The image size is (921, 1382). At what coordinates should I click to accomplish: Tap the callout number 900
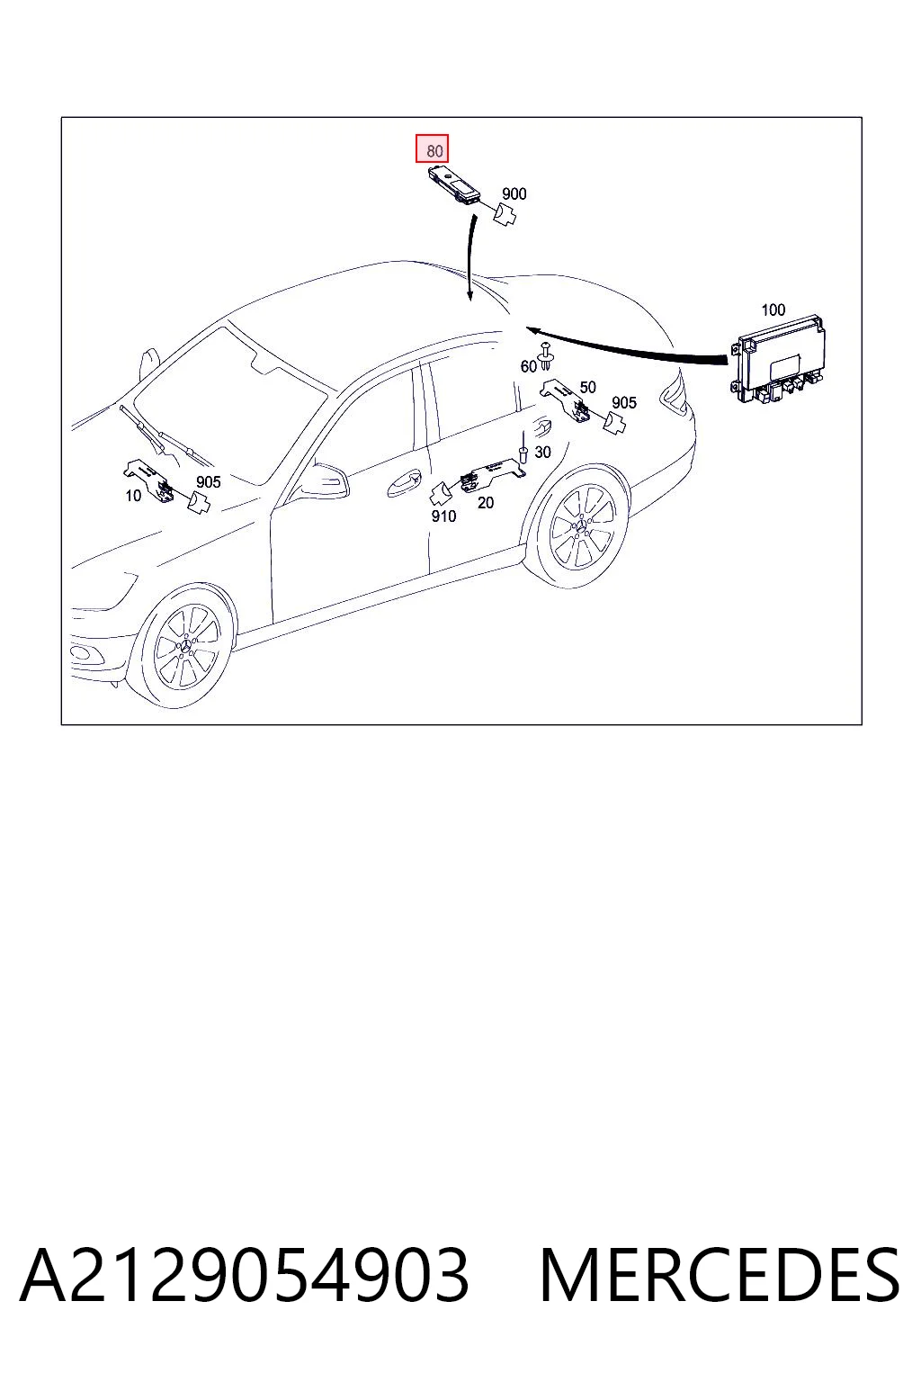click(x=514, y=193)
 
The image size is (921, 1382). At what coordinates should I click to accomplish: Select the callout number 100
click(x=773, y=310)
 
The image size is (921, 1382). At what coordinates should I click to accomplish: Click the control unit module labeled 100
click(x=777, y=360)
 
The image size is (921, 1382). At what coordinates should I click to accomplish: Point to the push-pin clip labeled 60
click(x=545, y=356)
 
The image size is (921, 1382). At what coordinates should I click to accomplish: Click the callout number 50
click(x=587, y=387)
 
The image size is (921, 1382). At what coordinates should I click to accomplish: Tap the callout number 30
click(x=542, y=453)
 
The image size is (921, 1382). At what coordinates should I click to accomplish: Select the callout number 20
click(x=486, y=503)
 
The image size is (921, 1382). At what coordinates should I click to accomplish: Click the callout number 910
click(x=443, y=516)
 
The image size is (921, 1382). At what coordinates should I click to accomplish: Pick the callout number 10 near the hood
click(x=133, y=496)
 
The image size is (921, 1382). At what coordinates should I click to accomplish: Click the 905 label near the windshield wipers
click(x=208, y=482)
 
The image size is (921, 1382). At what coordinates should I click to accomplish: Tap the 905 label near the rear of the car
click(x=623, y=403)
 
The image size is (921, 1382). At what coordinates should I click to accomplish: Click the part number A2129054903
click(x=245, y=1276)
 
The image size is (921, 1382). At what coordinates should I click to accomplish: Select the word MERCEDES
click(x=720, y=1276)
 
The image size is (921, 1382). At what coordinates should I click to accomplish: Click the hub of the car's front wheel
click(x=186, y=646)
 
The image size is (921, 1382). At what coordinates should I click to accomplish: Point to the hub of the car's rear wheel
click(x=582, y=525)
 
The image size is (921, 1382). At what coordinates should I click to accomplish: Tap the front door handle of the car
click(x=404, y=483)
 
